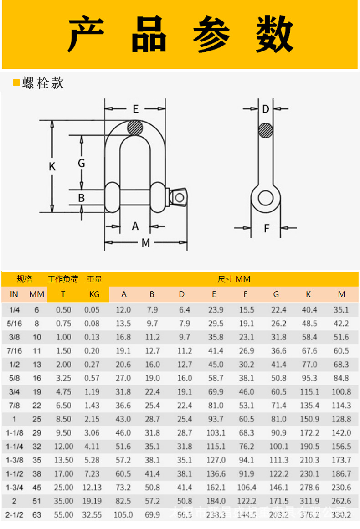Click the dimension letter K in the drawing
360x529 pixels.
coord(52,167)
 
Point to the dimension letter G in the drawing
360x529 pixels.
coord(81,163)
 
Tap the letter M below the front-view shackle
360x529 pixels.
coord(145,243)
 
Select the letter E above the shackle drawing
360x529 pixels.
coord(135,109)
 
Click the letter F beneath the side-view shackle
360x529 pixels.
coord(267,228)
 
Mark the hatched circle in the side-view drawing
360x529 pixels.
coord(266,130)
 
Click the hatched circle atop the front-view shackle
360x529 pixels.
coord(135,128)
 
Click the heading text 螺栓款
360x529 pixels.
coord(43,82)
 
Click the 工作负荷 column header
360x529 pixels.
coord(63,279)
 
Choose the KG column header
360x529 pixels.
coord(94,294)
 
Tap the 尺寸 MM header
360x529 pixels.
coord(234,279)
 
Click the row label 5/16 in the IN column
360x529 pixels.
coord(14,324)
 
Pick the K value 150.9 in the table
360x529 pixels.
coord(308,419)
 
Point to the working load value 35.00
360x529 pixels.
coord(63,501)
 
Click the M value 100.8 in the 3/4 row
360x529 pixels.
coord(342,392)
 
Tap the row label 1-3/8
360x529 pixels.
coord(14,460)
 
